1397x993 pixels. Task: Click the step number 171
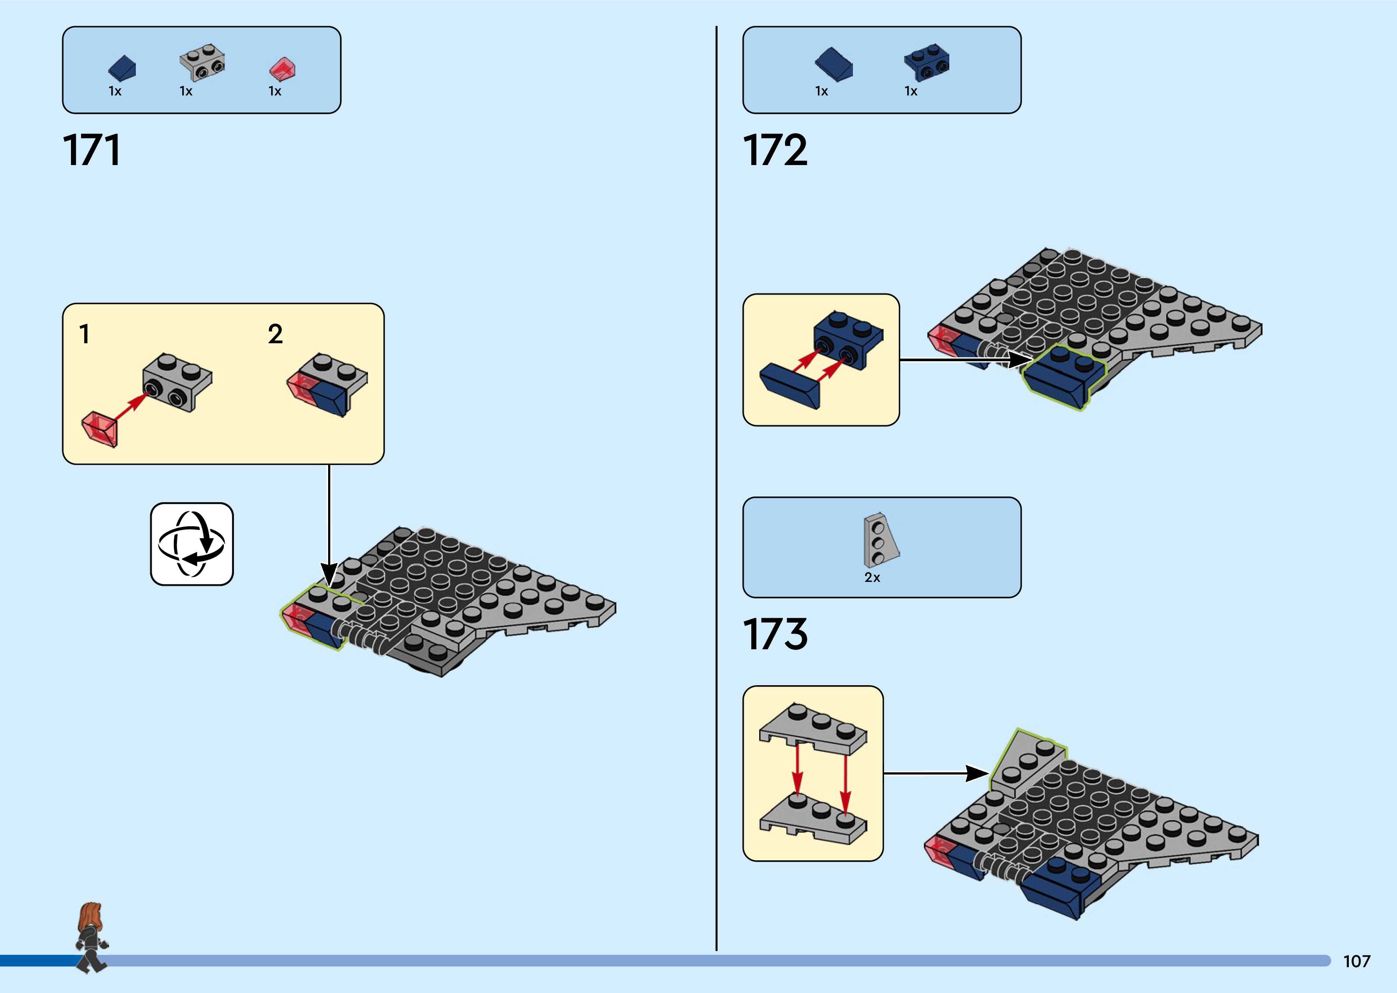pos(92,151)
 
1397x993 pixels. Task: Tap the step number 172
pos(775,151)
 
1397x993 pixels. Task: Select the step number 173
pos(775,634)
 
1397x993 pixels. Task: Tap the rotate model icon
pos(191,544)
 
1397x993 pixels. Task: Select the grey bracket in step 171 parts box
pos(202,62)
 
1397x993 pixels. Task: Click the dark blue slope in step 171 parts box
pos(122,68)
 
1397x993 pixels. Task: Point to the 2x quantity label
pos(872,577)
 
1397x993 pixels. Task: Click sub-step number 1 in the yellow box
pos(85,334)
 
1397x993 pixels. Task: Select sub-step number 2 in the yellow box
pos(275,334)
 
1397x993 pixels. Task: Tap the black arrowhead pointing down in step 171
pos(329,575)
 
